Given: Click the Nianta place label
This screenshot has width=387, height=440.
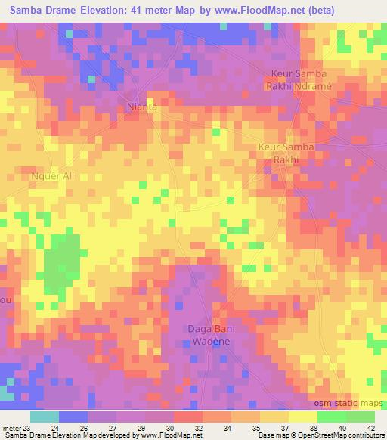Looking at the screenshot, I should click(143, 107).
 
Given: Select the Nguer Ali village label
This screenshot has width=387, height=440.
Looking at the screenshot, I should click(52, 177).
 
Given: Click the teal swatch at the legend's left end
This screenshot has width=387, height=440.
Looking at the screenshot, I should click(45, 417).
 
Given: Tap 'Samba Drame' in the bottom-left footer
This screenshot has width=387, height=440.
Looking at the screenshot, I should click(23, 435).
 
